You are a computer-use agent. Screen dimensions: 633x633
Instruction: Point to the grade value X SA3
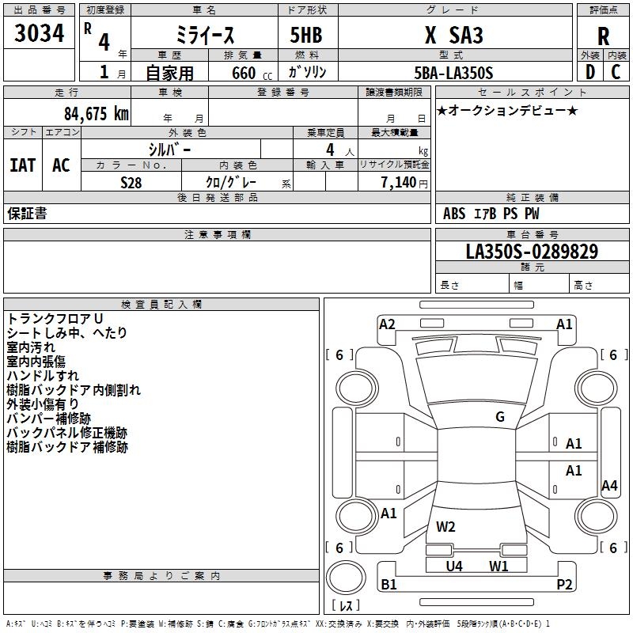tap(453, 36)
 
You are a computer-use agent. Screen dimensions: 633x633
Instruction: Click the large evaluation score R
tap(604, 36)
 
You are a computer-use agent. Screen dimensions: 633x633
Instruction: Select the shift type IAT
tap(22, 165)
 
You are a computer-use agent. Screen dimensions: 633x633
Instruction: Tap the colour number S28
tap(131, 182)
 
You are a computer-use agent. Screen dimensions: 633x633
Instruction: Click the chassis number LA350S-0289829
tap(532, 252)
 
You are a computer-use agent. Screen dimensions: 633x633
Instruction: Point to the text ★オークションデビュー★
tap(507, 110)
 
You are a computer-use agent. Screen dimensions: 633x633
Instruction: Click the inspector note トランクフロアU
tap(55, 318)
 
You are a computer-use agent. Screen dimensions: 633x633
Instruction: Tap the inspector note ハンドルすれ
tap(43, 376)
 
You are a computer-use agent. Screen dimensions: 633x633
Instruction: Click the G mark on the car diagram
tap(499, 417)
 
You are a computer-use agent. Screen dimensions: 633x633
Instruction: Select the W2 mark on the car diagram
tap(445, 527)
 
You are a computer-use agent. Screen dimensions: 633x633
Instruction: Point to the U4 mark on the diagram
tap(454, 566)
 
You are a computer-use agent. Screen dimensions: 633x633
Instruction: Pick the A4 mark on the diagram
tap(608, 486)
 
